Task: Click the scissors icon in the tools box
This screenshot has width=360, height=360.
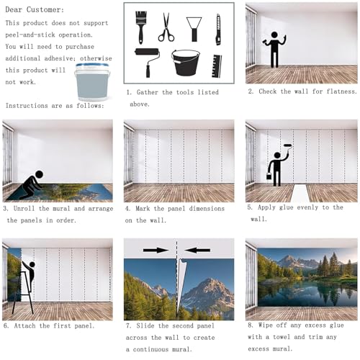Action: [x=166, y=27]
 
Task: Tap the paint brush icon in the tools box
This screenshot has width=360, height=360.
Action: [x=141, y=27]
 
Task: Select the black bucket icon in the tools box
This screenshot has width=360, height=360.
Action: [x=186, y=63]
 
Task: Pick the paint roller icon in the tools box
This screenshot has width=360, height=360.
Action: [x=148, y=62]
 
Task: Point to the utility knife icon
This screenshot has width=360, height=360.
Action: [x=218, y=30]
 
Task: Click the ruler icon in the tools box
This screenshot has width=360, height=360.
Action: [x=217, y=66]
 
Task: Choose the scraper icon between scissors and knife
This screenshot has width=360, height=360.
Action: [x=194, y=30]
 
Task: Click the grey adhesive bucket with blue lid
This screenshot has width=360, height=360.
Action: [x=92, y=81]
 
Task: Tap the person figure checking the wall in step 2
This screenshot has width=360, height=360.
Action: [x=274, y=49]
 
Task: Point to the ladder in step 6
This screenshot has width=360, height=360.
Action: [x=22, y=292]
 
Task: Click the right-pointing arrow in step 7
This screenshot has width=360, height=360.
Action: [x=156, y=251]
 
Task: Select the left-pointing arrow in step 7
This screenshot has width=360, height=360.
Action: [x=197, y=251]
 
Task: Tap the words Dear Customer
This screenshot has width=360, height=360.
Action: [x=35, y=9]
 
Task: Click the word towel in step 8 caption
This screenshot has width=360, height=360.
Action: [x=282, y=337]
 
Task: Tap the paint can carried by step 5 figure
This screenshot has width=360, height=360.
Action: [x=269, y=176]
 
